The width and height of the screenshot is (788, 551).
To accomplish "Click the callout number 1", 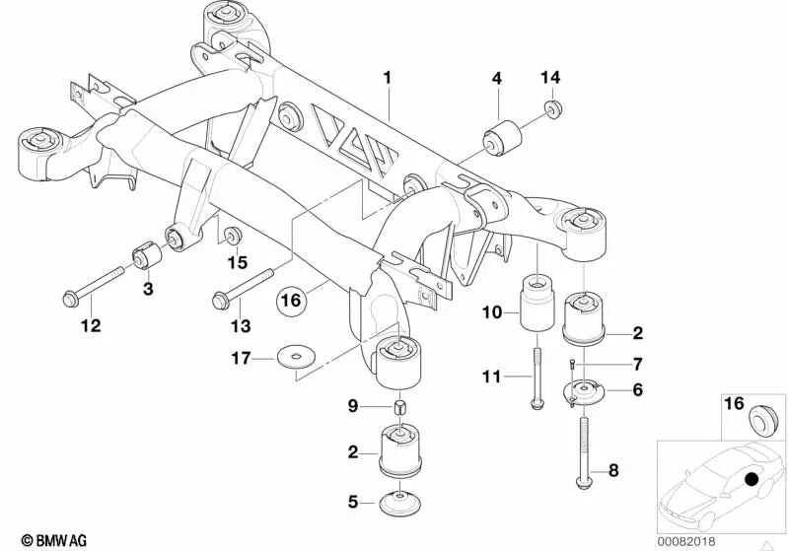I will click(x=388, y=76).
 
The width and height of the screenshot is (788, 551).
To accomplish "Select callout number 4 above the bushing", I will click(x=497, y=77).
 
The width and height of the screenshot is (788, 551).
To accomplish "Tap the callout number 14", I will click(x=550, y=77).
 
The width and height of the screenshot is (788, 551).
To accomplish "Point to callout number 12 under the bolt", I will click(x=91, y=325).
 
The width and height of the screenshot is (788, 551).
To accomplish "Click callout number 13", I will click(x=241, y=325).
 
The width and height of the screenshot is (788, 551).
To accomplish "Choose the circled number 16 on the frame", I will click(x=289, y=300).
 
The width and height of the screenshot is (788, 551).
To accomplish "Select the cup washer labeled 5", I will click(x=399, y=501).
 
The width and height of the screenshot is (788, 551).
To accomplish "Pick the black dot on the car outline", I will click(x=752, y=480).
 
